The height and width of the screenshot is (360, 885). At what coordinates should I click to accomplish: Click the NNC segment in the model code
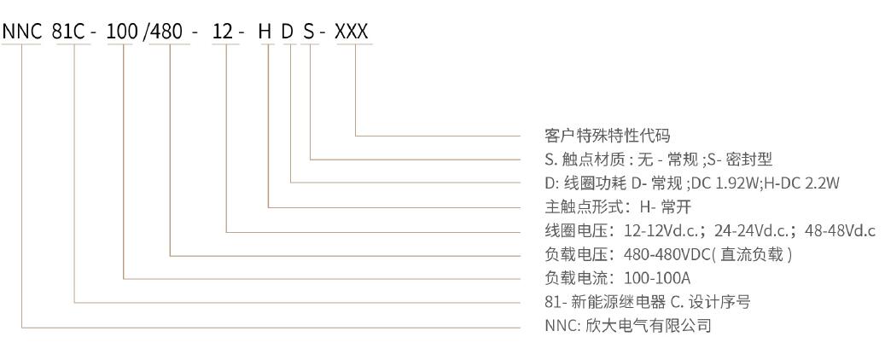(x=21, y=32)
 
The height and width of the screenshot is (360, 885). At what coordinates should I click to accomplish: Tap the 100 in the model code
(x=124, y=32)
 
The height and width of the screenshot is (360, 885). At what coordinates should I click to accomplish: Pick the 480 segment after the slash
(x=171, y=32)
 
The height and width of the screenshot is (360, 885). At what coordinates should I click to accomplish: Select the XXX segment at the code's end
(x=352, y=32)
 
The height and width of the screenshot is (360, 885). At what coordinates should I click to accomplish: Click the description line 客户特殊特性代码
(x=607, y=136)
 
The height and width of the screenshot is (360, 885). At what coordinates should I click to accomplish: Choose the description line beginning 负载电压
(x=669, y=254)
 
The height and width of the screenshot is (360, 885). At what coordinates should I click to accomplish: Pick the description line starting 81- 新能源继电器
(x=647, y=302)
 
